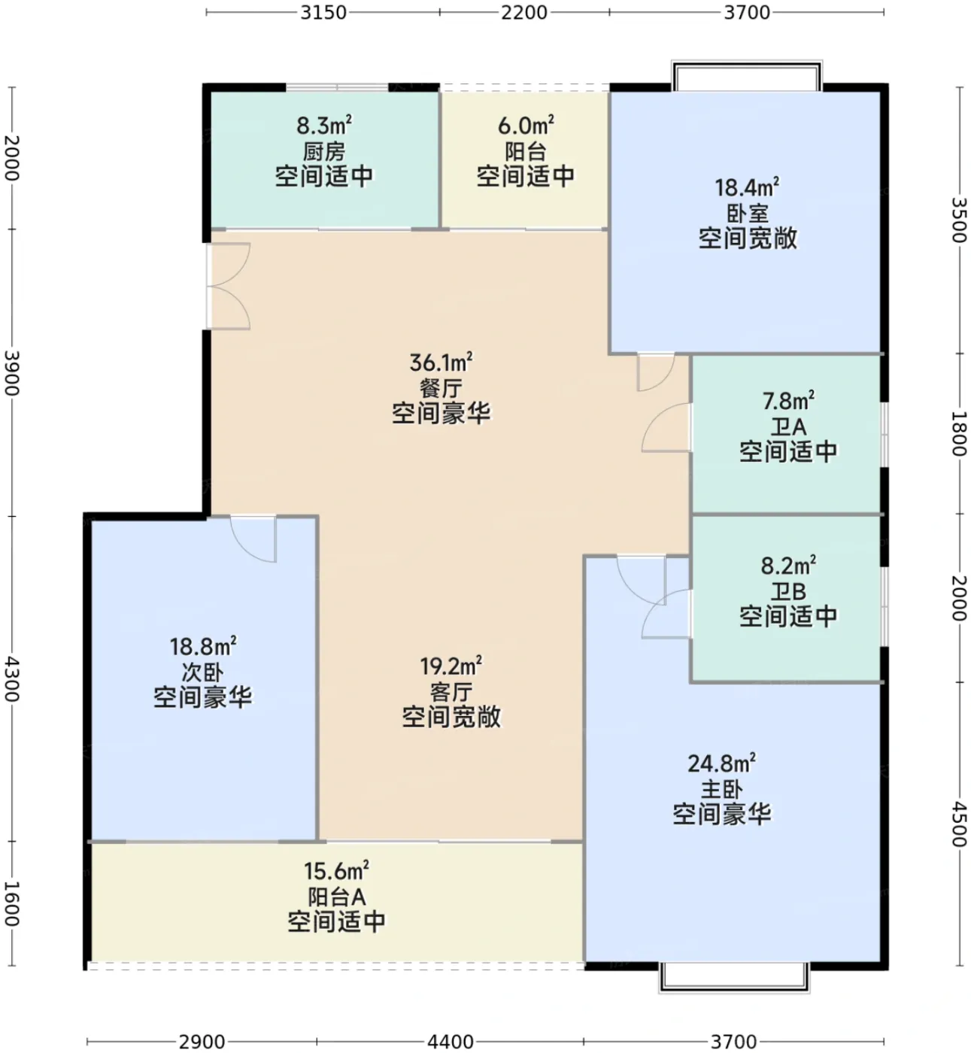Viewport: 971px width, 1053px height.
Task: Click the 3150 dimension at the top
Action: click(x=323, y=12)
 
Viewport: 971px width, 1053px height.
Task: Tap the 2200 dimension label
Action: click(x=524, y=12)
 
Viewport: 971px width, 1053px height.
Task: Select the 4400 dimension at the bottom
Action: click(x=451, y=1041)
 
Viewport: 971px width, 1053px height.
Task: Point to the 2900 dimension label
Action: click(x=202, y=1041)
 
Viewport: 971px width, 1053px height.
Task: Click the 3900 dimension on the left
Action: click(x=12, y=373)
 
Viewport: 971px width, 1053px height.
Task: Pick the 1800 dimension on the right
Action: click(x=959, y=433)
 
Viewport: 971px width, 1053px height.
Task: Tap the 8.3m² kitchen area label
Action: click(x=324, y=126)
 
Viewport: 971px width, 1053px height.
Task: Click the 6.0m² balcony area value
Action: click(x=526, y=126)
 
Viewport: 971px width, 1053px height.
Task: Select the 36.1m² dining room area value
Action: click(x=441, y=363)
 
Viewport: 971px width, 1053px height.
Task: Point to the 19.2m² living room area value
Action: click(x=451, y=666)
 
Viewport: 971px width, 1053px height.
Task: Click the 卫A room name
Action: click(x=787, y=426)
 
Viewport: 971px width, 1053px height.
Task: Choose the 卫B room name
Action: click(x=788, y=590)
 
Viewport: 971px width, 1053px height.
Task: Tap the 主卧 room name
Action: click(x=721, y=790)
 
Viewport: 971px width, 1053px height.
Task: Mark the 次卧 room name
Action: click(x=202, y=673)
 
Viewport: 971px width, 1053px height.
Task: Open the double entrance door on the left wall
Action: click(x=229, y=287)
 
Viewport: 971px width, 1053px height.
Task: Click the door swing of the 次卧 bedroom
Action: click(x=253, y=539)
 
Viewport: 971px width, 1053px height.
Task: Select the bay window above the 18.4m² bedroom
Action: click(x=747, y=75)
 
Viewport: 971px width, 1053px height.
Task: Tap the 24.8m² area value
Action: click(x=721, y=763)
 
